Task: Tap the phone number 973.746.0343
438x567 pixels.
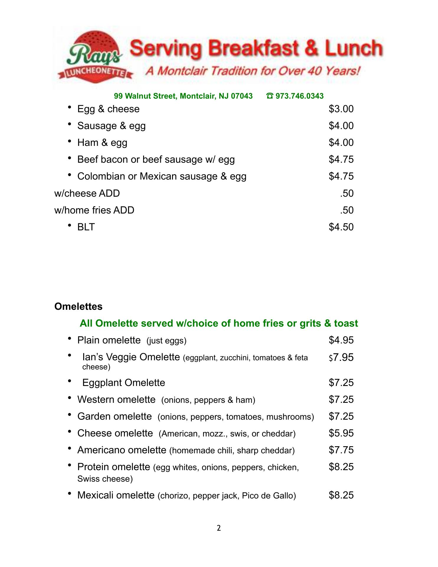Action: [x=299, y=96]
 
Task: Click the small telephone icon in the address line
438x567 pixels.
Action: [x=270, y=96]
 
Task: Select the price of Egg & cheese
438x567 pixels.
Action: [x=341, y=109]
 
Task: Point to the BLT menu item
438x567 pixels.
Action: [x=86, y=227]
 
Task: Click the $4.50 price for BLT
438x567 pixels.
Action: [x=341, y=227]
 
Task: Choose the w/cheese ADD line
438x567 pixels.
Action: [x=87, y=193]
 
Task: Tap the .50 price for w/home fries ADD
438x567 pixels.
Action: [x=347, y=210]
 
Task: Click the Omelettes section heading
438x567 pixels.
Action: [x=79, y=307]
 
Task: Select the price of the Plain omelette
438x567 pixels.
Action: [x=341, y=340]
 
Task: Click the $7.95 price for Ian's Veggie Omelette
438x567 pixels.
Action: [x=341, y=358]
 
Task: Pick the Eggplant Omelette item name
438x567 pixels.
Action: [x=124, y=383]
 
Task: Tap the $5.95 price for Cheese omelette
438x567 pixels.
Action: [x=341, y=433]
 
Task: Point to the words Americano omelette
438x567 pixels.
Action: [x=122, y=450]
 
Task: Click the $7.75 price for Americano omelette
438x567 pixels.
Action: [x=341, y=450]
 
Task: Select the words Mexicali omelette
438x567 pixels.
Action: [x=116, y=495]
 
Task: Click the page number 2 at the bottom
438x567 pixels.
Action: [x=219, y=528]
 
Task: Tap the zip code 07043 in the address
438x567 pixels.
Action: [x=242, y=96]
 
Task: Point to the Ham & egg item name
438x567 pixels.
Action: [x=102, y=143]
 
